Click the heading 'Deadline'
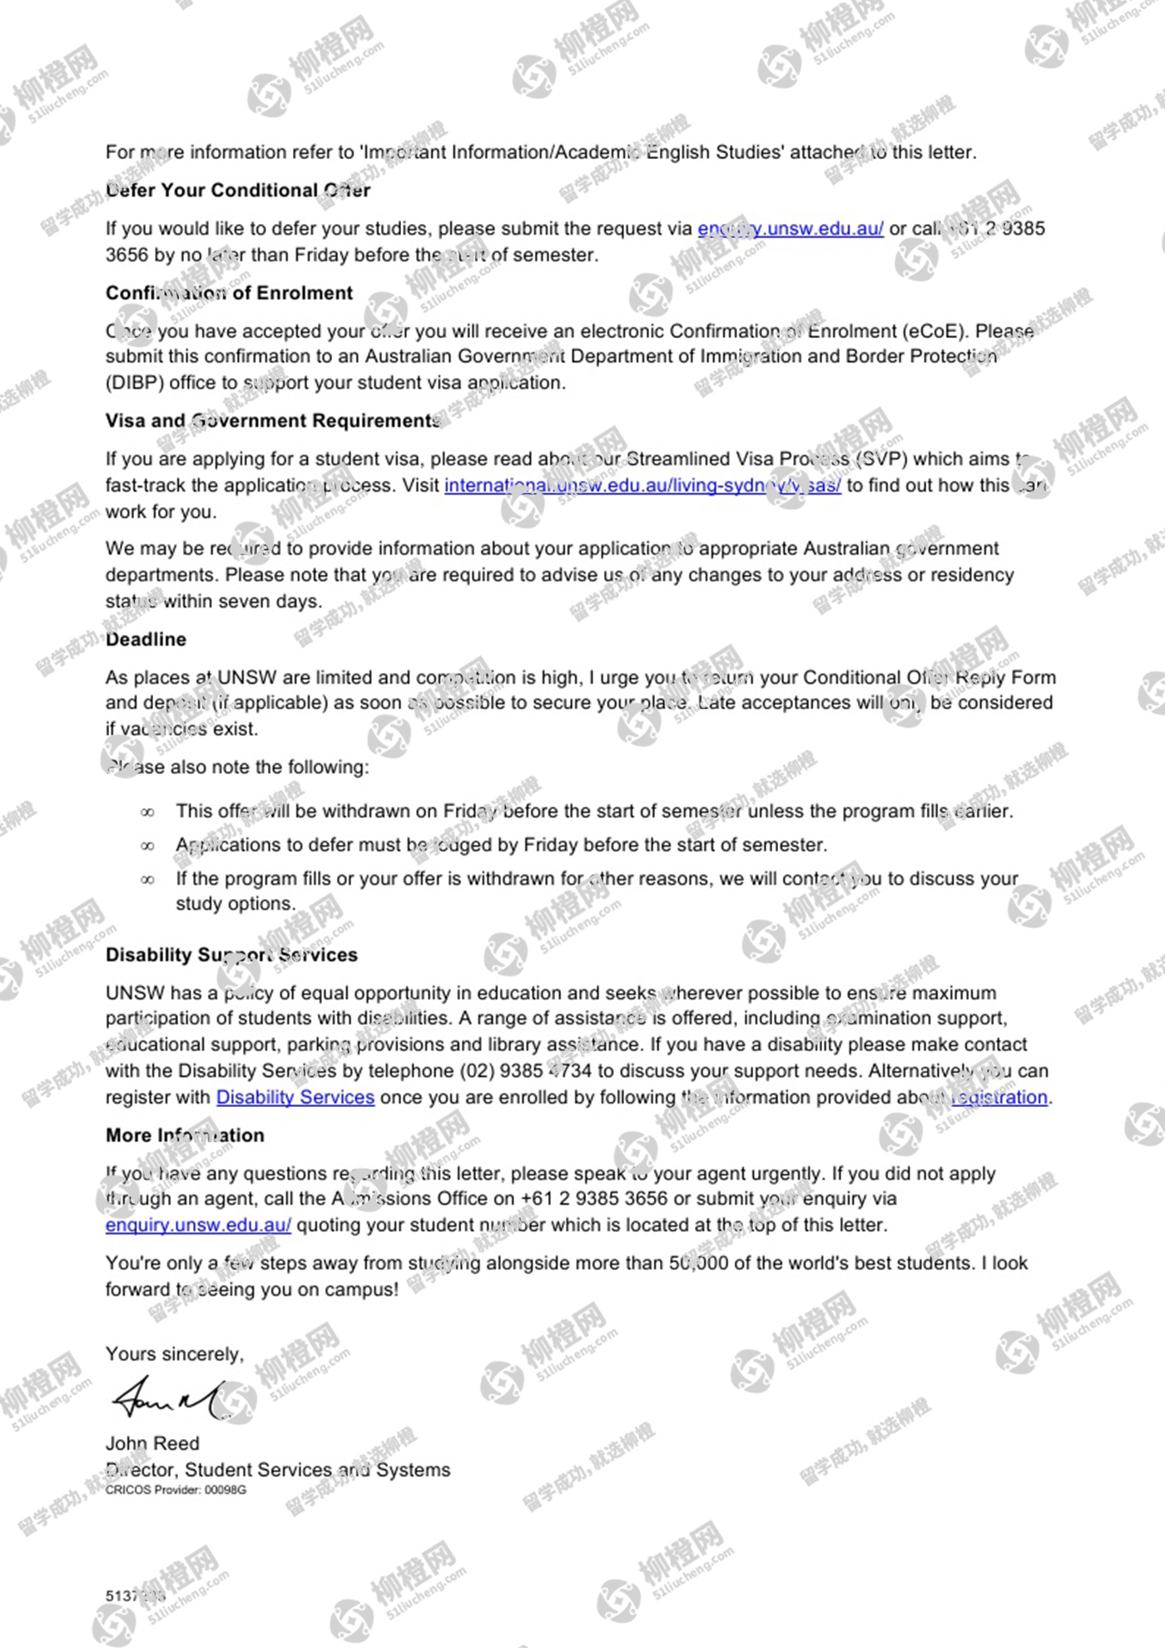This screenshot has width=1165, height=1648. coord(146,639)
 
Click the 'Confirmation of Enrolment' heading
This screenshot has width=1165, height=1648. coord(229,293)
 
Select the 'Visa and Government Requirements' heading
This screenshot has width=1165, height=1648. coord(272,421)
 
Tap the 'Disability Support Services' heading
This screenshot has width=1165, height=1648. coord(231,955)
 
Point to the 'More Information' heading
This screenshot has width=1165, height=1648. coord(185,1135)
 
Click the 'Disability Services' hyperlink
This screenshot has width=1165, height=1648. coord(295,1097)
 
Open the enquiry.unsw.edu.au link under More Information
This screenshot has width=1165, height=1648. coord(198,1225)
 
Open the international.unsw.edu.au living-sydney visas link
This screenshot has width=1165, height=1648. coord(642,485)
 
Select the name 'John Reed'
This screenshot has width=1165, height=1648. coord(152,1443)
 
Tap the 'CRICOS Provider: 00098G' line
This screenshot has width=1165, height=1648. coord(176,1490)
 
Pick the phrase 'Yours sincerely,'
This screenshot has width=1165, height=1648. coord(175,1354)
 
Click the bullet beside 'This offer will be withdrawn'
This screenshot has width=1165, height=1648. coord(147,812)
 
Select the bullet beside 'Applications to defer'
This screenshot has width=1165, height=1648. coord(147,846)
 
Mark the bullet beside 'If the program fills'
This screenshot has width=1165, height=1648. coord(147,880)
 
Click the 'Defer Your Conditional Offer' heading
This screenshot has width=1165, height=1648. coord(238,191)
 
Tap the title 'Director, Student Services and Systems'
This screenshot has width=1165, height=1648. coord(277,1470)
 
